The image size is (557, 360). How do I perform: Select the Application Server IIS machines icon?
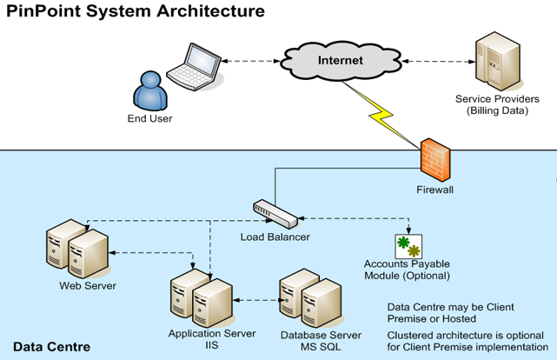point(200,298)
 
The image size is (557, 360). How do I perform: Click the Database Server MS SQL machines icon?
point(307,298)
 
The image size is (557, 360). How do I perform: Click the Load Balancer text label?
point(275,237)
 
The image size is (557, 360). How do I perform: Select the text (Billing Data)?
point(497,111)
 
